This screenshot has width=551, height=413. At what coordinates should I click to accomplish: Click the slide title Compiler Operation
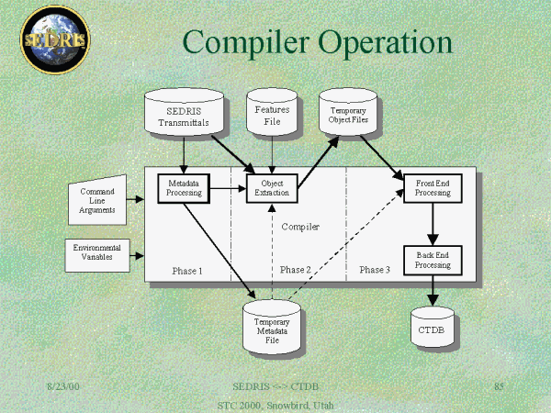click(x=317, y=42)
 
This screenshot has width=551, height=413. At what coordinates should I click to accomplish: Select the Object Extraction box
click(x=272, y=188)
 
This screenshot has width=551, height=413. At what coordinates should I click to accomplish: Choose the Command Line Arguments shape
click(x=97, y=198)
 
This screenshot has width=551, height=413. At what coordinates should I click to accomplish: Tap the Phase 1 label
click(x=187, y=271)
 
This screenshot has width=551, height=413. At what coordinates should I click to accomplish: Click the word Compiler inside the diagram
click(x=299, y=226)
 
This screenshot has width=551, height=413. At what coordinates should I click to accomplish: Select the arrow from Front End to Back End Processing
click(x=433, y=224)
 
